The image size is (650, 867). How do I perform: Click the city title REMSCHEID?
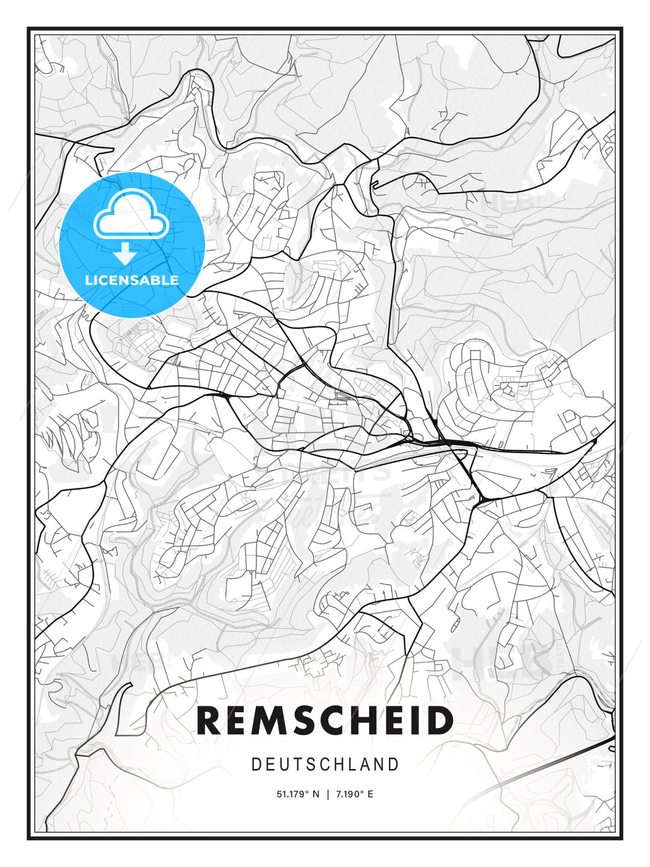point(325,721)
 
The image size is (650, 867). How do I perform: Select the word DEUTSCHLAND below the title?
point(325,765)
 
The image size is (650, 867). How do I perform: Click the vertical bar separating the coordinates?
point(327,794)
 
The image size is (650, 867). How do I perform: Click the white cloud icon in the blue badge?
point(131,215)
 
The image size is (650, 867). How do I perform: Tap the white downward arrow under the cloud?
point(125,253)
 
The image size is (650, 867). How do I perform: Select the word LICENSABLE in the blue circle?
point(132,280)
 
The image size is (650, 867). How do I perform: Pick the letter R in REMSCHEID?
point(210,721)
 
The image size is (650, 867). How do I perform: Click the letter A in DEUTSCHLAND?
point(365,765)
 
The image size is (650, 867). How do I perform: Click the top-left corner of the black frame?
point(28,28)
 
